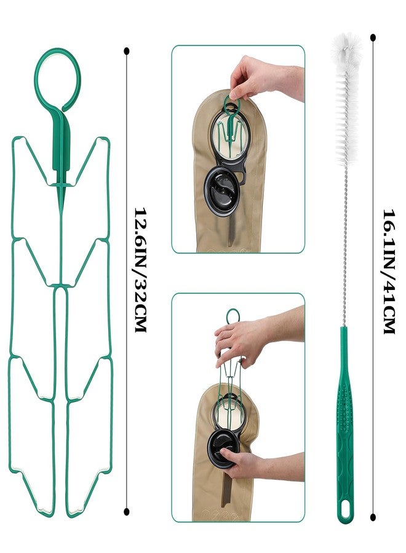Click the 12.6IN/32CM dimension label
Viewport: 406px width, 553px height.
pyautogui.click(x=140, y=270)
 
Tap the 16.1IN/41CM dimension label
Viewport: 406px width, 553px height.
pyautogui.click(x=389, y=272)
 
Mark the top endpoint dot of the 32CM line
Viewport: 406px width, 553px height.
pyautogui.click(x=126, y=51)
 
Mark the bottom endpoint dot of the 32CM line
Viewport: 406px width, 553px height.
pyautogui.click(x=126, y=512)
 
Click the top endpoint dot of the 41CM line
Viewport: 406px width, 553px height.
pyautogui.click(x=373, y=37)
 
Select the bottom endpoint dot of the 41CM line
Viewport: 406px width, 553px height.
pyautogui.click(x=373, y=517)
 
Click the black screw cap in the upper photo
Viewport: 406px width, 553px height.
pyautogui.click(x=221, y=191)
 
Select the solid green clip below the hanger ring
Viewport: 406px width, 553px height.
pyautogui.click(x=61, y=141)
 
